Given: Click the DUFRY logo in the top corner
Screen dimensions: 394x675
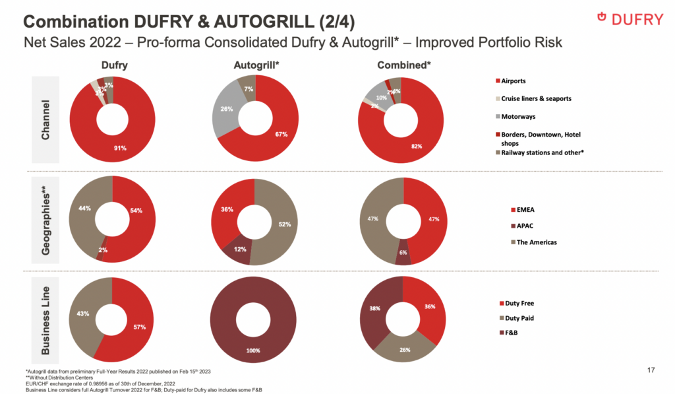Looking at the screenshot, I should (629, 19).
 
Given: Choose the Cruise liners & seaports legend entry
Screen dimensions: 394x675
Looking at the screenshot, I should (535, 98).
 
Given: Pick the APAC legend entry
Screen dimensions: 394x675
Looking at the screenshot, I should (525, 226).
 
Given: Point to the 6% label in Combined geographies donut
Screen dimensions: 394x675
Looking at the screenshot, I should (403, 253).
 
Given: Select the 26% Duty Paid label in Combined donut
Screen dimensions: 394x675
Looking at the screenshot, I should (403, 350).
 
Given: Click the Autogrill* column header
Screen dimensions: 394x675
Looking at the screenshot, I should (256, 65).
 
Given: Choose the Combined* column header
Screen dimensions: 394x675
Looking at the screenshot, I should (403, 65).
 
